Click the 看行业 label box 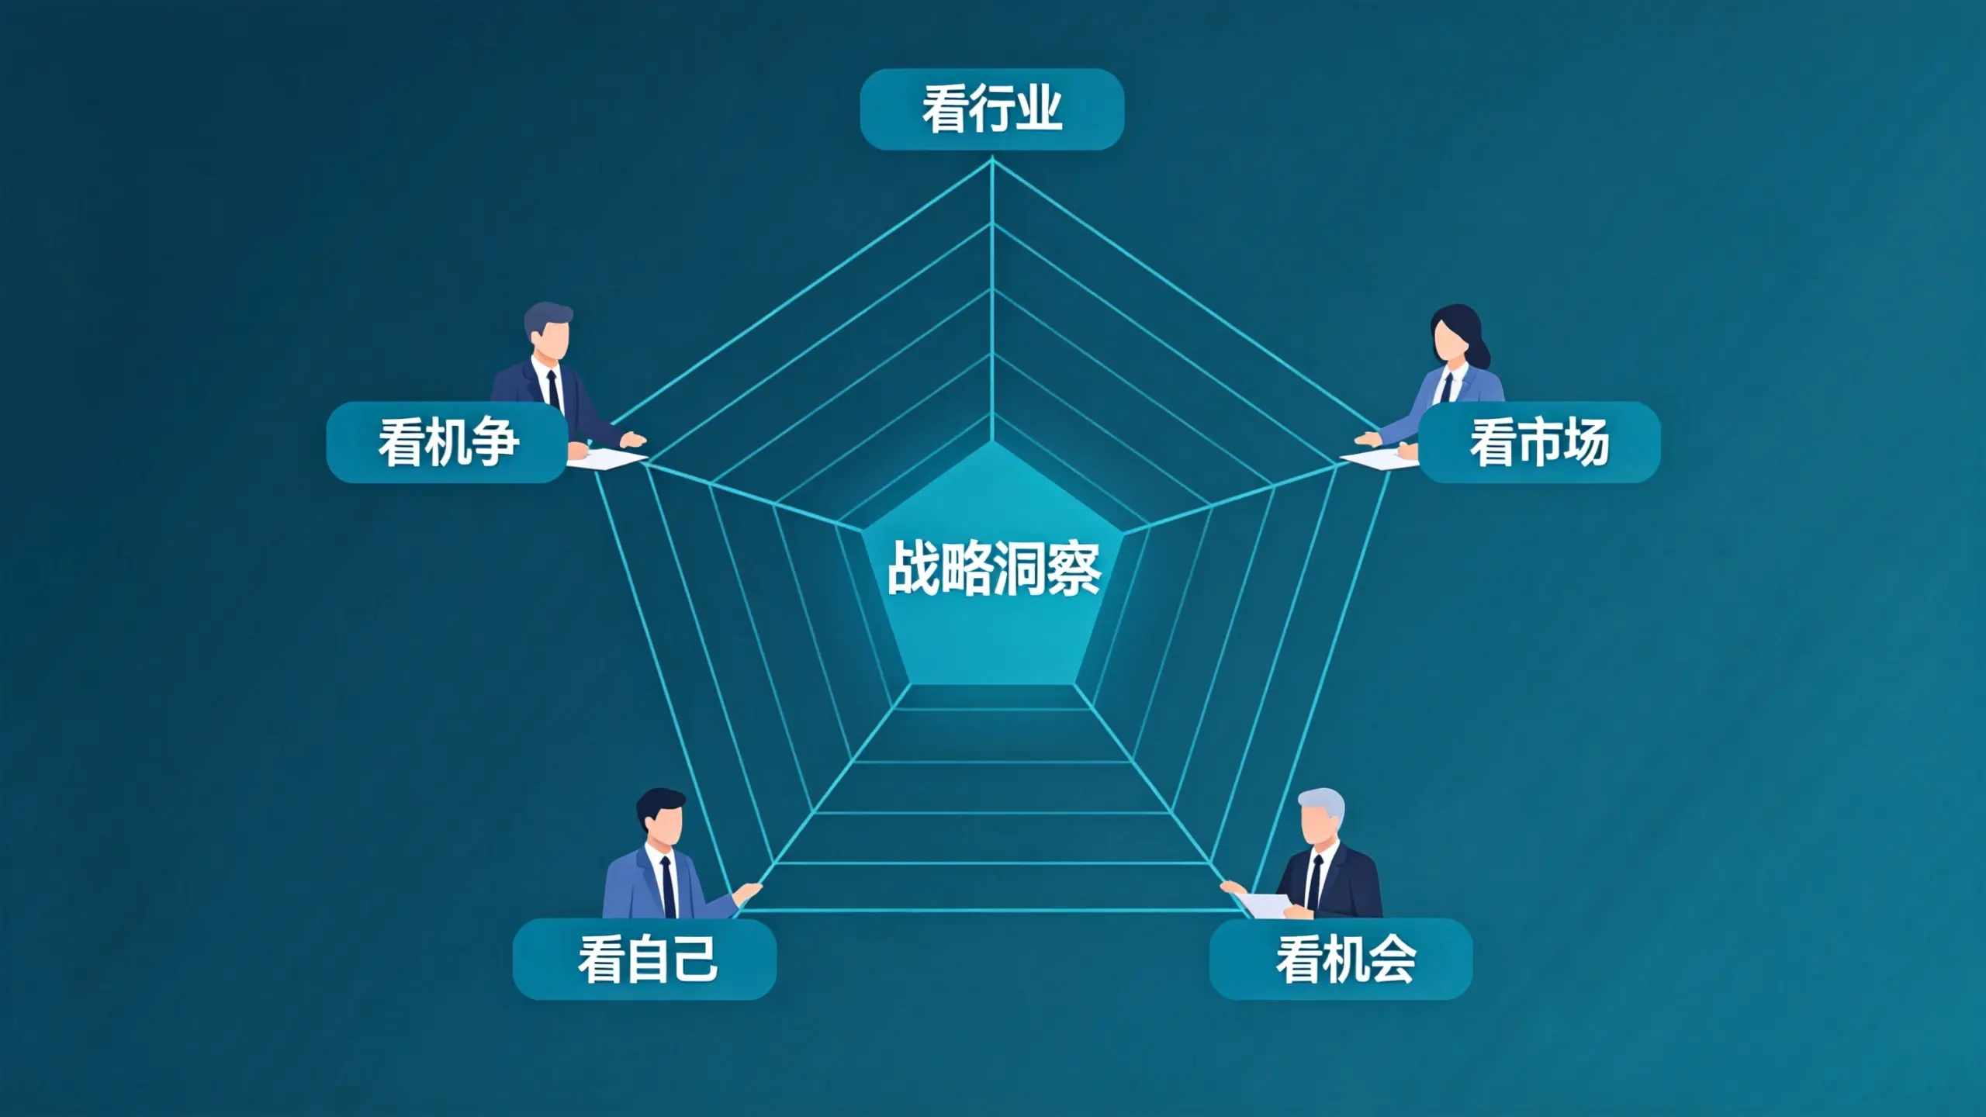(991, 109)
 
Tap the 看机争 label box (447, 442)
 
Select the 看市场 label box (1539, 442)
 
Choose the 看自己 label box (645, 959)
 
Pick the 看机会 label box (1341, 959)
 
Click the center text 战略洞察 (994, 569)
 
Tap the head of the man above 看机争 (549, 332)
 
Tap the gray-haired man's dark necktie (1313, 885)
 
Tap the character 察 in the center (1074, 569)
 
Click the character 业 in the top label (1040, 109)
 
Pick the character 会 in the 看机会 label (1392, 960)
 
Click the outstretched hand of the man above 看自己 (749, 891)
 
